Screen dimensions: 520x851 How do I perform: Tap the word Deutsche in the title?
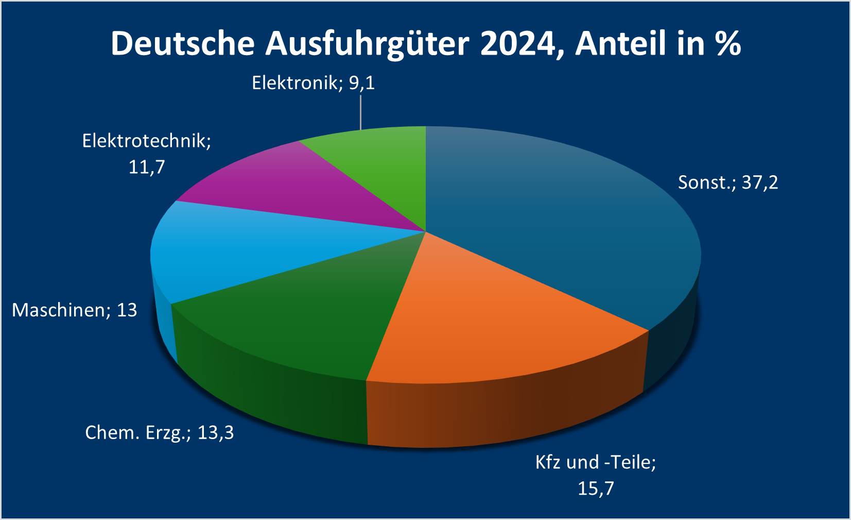[x=183, y=43]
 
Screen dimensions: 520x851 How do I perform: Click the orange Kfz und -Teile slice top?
[x=479, y=320]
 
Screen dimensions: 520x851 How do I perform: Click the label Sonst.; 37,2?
[x=727, y=182]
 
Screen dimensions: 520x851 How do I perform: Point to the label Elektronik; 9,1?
[x=313, y=83]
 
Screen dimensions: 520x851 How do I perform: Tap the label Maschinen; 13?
[x=75, y=310]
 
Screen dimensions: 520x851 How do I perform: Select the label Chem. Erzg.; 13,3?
[x=160, y=432]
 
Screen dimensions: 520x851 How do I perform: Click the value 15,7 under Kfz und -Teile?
[x=596, y=488]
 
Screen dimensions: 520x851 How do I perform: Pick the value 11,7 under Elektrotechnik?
[x=147, y=167]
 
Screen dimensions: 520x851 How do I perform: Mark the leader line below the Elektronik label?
[x=360, y=111]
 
